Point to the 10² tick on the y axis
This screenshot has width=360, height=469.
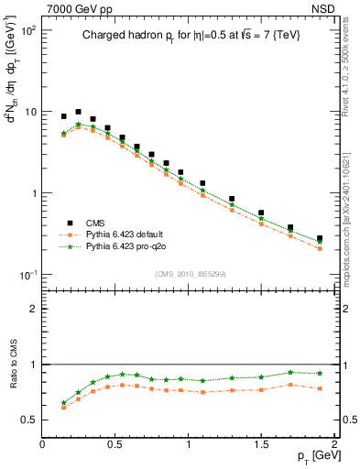[27, 30]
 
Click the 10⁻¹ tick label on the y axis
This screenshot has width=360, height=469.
[27, 275]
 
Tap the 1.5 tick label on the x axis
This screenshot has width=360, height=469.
[261, 443]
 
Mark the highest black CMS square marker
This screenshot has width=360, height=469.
[78, 112]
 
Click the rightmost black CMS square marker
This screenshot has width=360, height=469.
[320, 238]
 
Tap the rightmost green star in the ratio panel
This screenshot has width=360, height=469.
[320, 373]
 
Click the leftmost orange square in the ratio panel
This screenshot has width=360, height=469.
[63, 408]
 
